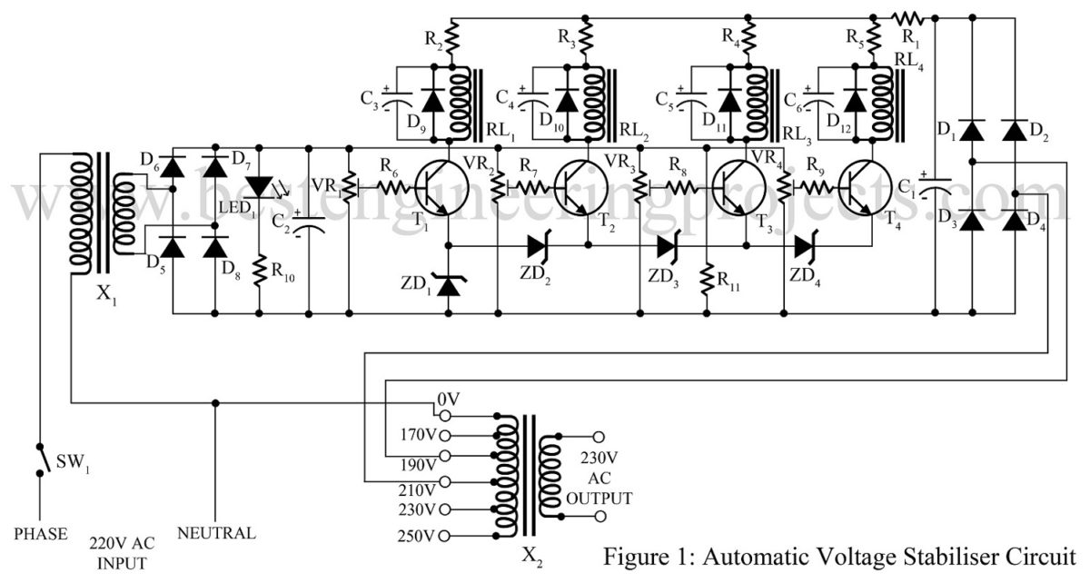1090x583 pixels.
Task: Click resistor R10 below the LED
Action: pyautogui.click(x=259, y=270)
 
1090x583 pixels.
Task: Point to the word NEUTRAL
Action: pyautogui.click(x=216, y=533)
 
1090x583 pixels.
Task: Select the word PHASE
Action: pyautogui.click(x=40, y=534)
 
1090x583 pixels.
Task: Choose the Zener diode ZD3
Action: pyautogui.click(x=669, y=246)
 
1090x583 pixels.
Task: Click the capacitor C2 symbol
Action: pyautogui.click(x=309, y=223)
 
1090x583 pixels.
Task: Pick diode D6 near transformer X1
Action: pyautogui.click(x=173, y=166)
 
